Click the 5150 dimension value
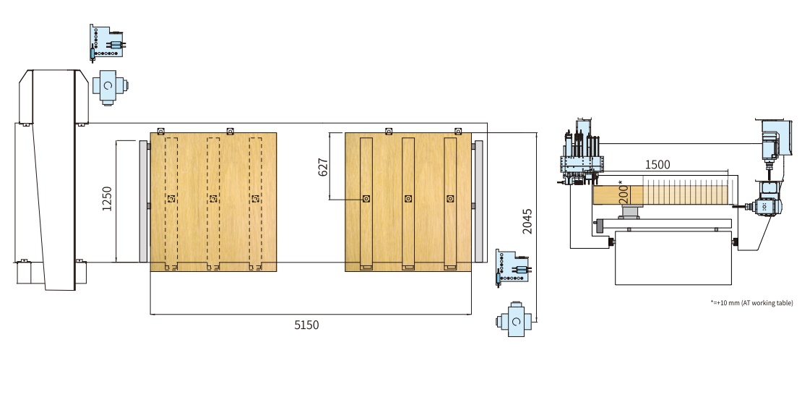[306, 325]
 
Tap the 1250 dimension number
[107, 199]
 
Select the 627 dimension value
[323, 167]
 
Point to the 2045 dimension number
[527, 221]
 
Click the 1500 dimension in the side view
[657, 164]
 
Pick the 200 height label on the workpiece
[624, 195]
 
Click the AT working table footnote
[752, 302]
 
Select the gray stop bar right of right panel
[478, 202]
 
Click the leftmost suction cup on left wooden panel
[171, 199]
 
